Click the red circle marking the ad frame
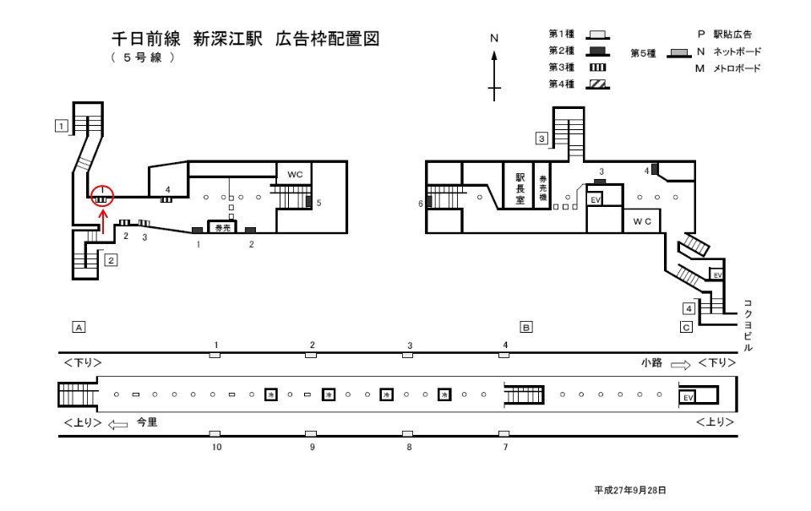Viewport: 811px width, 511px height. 101,195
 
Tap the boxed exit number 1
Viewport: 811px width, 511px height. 61,126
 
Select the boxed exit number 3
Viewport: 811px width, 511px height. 541,139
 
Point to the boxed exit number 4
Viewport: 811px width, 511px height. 689,307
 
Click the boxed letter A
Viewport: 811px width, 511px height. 78,325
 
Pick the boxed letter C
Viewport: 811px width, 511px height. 686,327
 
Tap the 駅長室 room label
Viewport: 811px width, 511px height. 520,189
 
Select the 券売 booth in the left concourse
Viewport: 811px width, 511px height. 223,228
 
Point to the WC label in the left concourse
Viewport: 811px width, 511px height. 294,174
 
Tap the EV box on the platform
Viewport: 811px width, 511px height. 687,397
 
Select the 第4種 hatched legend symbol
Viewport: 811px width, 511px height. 598,84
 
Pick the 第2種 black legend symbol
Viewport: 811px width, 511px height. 598,51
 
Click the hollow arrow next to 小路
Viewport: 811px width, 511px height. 680,363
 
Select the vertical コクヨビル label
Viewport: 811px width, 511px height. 748,324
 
